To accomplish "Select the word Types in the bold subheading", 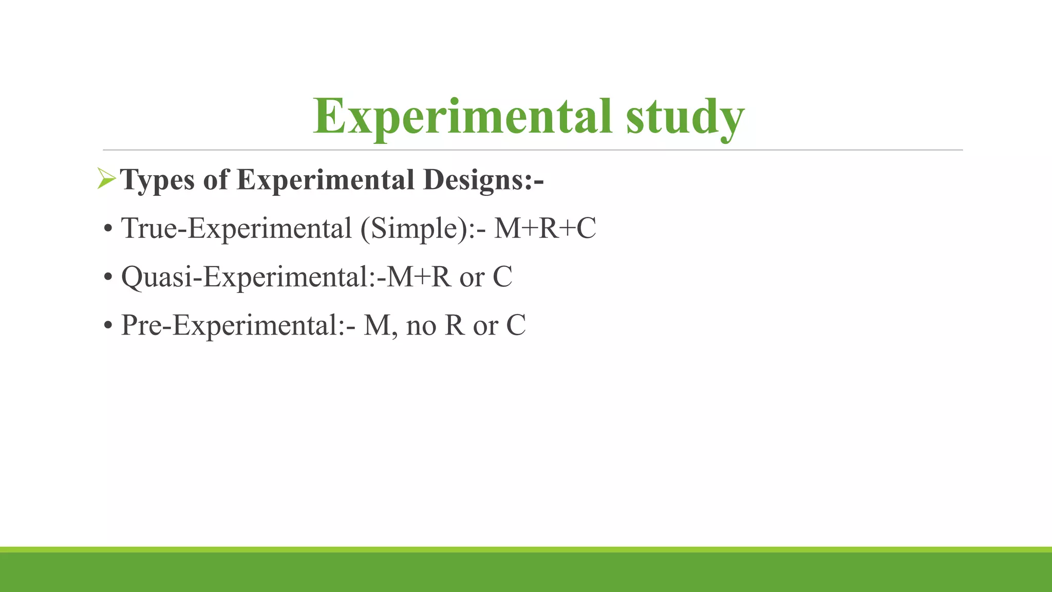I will [158, 180].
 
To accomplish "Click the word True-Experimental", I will [236, 228].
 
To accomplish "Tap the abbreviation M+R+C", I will [545, 228].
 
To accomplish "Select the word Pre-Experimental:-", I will [238, 325].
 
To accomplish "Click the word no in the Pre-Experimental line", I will [421, 326].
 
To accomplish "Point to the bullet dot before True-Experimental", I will [108, 229].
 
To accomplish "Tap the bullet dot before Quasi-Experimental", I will [108, 277].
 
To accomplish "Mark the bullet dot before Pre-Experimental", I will [108, 326].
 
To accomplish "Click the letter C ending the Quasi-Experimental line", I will [502, 276].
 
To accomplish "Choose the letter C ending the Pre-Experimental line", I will [516, 325].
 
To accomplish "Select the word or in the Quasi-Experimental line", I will [472, 277].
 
